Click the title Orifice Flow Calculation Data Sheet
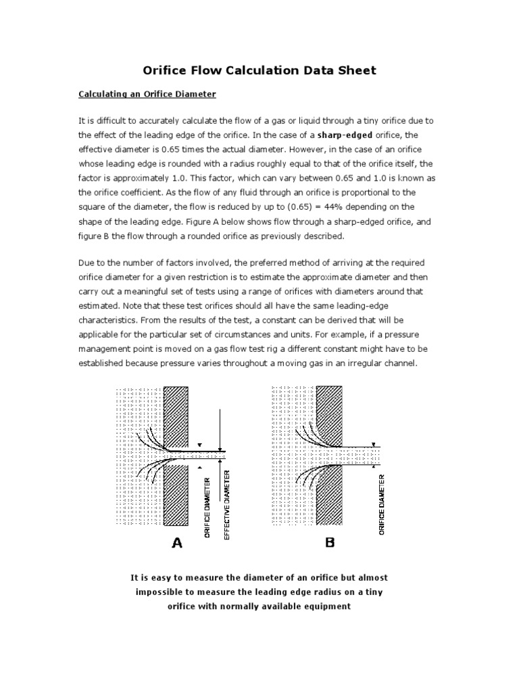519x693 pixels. click(259, 70)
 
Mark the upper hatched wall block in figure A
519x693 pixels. click(175, 416)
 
